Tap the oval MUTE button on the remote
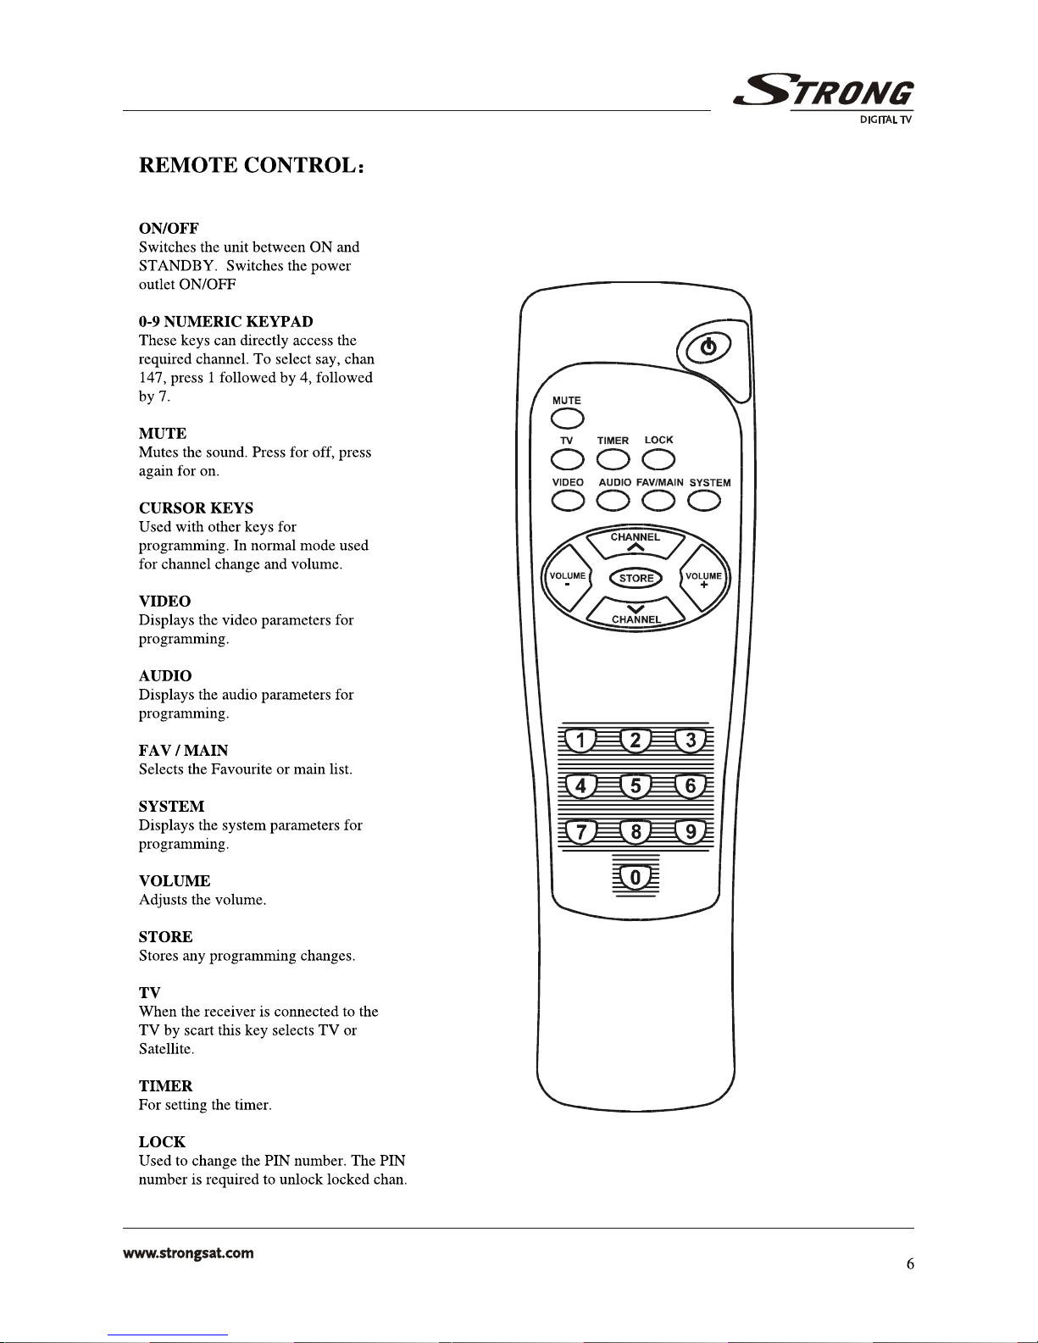tap(567, 419)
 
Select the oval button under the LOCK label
tap(658, 460)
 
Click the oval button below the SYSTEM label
tap(703, 502)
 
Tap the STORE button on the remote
tap(636, 579)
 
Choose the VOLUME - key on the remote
tap(567, 580)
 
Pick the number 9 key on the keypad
tap(691, 832)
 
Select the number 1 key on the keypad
tap(580, 741)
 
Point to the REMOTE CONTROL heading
tap(252, 165)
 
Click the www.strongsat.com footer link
tap(188, 1253)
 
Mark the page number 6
tap(910, 1264)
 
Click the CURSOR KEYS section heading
tap(196, 508)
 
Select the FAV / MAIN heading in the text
tap(183, 751)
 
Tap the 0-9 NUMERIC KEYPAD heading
tap(225, 322)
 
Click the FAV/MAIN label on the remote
tap(659, 482)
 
